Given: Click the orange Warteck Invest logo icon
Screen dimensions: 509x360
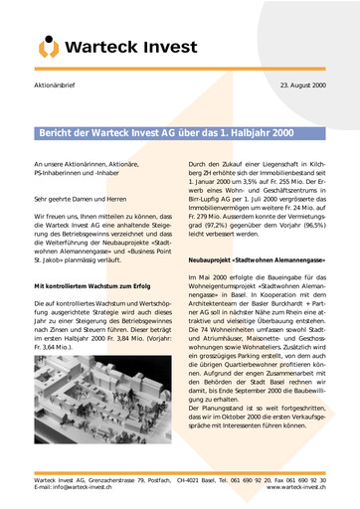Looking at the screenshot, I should [48, 46].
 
